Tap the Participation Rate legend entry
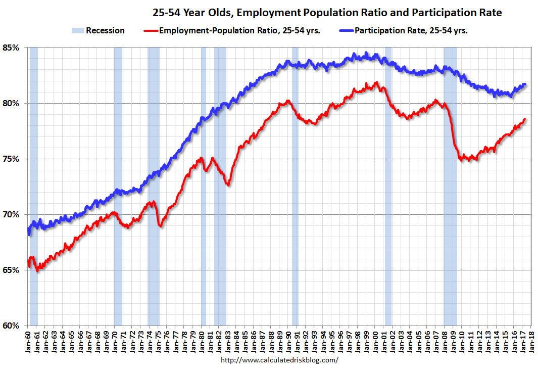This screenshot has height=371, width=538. pos(411,30)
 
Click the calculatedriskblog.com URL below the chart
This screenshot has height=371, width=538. pos(279,360)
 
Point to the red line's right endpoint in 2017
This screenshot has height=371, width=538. pos(525,119)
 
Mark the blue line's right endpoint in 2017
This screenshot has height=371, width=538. pos(525,84)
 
